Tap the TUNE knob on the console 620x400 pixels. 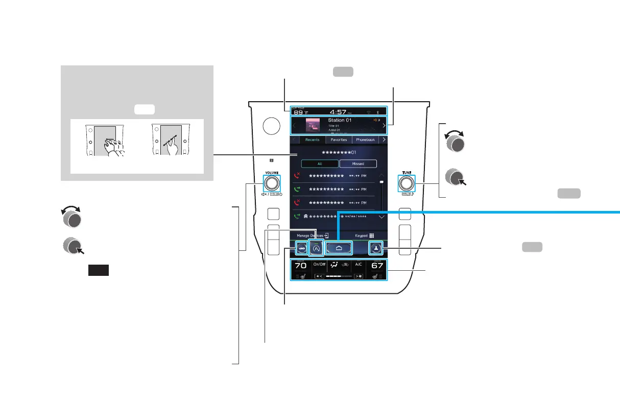406,183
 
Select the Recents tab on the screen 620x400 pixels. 312,139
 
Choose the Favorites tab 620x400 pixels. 339,139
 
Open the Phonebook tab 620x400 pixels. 366,139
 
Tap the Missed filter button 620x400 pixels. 358,164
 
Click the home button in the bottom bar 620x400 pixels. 339,248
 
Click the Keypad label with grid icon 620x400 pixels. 365,237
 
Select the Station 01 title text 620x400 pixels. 343,121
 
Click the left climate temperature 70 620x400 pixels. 300,266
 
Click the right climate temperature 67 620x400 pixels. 377,266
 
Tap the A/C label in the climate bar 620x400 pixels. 359,264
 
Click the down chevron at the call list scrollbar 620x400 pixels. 381,217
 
